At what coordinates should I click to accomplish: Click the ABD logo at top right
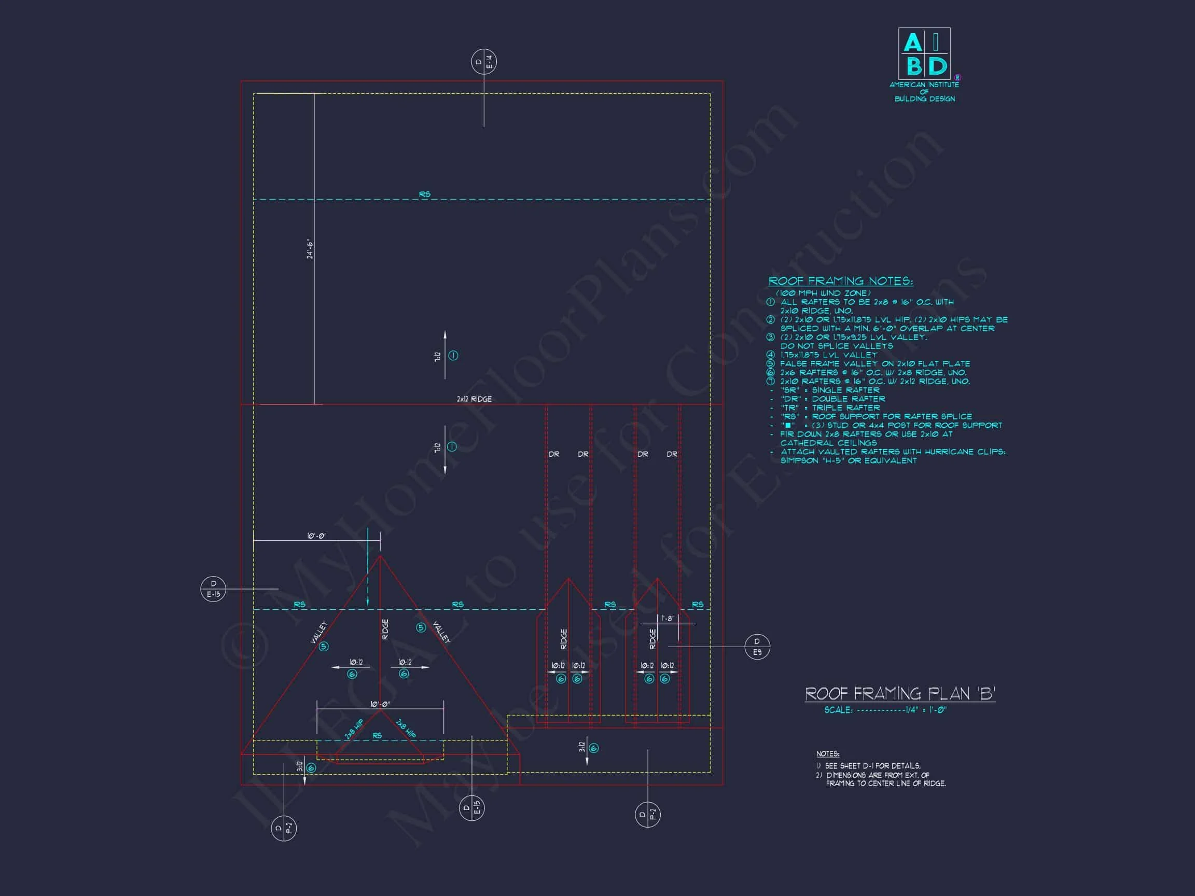click(924, 53)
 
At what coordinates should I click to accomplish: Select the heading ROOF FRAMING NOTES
click(841, 281)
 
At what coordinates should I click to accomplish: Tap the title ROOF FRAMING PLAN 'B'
click(900, 693)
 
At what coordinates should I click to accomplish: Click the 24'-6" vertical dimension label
click(310, 249)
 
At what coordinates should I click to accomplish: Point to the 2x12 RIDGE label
click(475, 399)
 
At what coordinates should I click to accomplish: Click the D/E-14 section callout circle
click(483, 62)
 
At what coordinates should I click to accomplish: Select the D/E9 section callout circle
click(757, 647)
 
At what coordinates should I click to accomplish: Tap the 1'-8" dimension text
click(668, 619)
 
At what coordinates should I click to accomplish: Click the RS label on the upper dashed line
click(425, 194)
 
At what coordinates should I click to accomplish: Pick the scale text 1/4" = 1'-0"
click(926, 710)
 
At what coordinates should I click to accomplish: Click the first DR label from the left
click(554, 454)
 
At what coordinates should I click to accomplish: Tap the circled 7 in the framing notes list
click(771, 381)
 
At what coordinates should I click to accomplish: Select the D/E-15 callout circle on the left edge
click(213, 589)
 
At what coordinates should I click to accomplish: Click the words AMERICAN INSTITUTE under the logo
click(924, 85)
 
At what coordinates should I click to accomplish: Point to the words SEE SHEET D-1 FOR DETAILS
click(872, 766)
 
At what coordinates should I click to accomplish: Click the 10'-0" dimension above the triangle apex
click(316, 536)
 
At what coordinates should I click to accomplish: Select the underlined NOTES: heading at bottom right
click(827, 753)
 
